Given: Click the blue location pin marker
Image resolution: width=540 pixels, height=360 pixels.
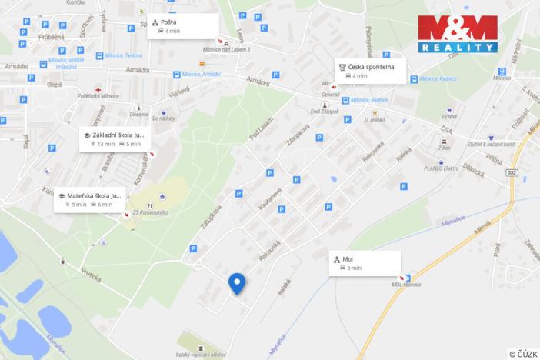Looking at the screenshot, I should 238,283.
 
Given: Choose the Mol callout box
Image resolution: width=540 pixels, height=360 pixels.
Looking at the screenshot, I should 367,262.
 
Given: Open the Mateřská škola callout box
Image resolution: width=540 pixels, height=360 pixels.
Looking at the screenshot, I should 88,200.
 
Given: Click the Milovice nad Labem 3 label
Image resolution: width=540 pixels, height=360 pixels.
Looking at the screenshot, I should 226,48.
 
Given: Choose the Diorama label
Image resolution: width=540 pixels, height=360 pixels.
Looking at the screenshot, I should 138,114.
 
